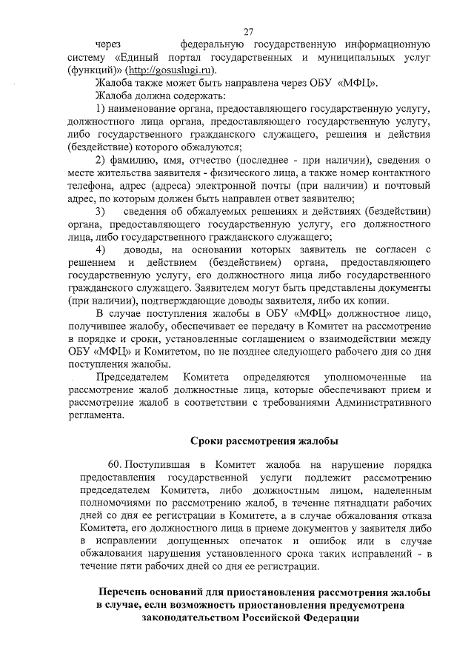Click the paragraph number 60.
click(115, 464)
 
